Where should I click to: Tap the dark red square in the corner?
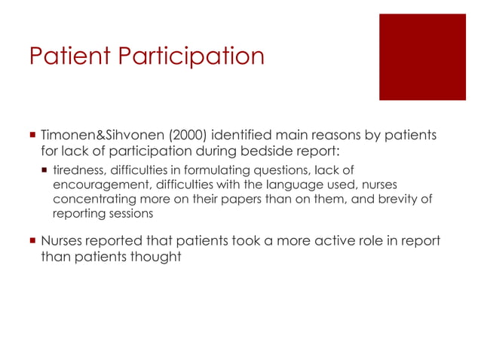pos(422,56)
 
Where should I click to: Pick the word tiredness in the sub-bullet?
pos(78,172)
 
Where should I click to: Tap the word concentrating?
pos(89,200)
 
